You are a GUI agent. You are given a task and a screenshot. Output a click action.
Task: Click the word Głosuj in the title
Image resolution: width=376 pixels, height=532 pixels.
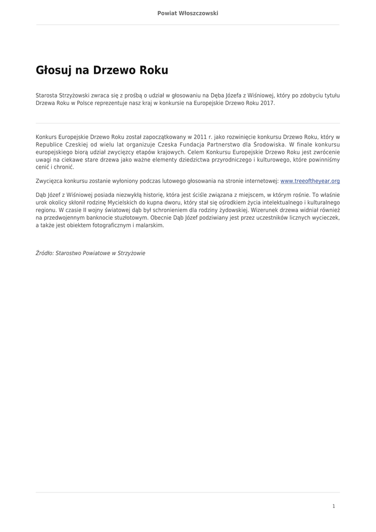pos(54,71)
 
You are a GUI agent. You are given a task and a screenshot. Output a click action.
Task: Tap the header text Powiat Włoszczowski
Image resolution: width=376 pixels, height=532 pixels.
pos(188,13)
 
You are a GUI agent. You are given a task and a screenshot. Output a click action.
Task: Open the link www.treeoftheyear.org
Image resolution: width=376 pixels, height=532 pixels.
pos(310,181)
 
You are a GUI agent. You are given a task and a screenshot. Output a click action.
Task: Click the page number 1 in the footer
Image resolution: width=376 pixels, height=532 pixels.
pos(333,506)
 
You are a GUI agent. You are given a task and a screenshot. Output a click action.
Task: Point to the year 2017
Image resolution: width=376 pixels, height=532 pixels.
pos(267,103)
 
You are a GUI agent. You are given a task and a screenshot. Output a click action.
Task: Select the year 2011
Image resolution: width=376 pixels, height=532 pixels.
pos(200,137)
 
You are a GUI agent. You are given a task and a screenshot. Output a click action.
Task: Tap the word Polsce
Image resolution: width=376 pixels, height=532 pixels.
pos(84,103)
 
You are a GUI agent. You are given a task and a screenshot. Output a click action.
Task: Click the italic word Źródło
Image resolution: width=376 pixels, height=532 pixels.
pos(44,254)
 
